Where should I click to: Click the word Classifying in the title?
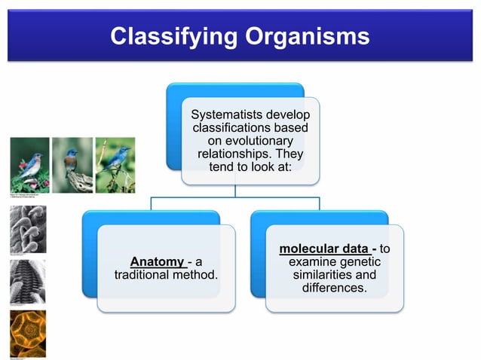point(173,36)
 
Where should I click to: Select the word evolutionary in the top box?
point(250,141)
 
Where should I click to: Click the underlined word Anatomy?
point(157,262)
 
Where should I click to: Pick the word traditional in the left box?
point(149,275)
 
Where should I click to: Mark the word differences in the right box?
point(334,288)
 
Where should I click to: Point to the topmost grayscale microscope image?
point(28,229)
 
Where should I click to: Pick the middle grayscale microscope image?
point(28,281)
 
